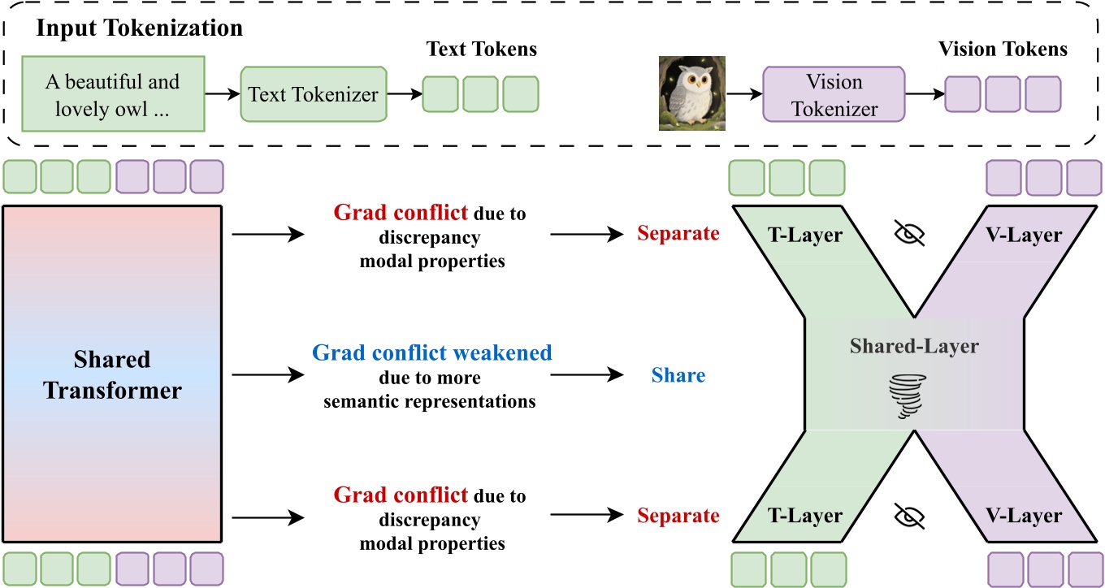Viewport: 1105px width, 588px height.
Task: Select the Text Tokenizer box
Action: (x=313, y=94)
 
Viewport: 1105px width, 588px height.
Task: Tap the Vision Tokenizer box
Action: (x=833, y=94)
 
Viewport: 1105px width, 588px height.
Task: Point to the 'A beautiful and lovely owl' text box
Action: (x=112, y=94)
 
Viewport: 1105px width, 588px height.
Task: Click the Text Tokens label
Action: (x=482, y=49)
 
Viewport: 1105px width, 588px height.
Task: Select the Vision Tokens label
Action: (x=1003, y=49)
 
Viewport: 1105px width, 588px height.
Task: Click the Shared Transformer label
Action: (x=112, y=375)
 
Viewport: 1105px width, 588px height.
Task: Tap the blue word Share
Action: (x=678, y=375)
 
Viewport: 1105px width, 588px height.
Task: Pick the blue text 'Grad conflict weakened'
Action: (x=431, y=353)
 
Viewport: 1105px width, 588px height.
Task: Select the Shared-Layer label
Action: (x=914, y=347)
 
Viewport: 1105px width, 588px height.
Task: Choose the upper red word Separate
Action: (x=678, y=234)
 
